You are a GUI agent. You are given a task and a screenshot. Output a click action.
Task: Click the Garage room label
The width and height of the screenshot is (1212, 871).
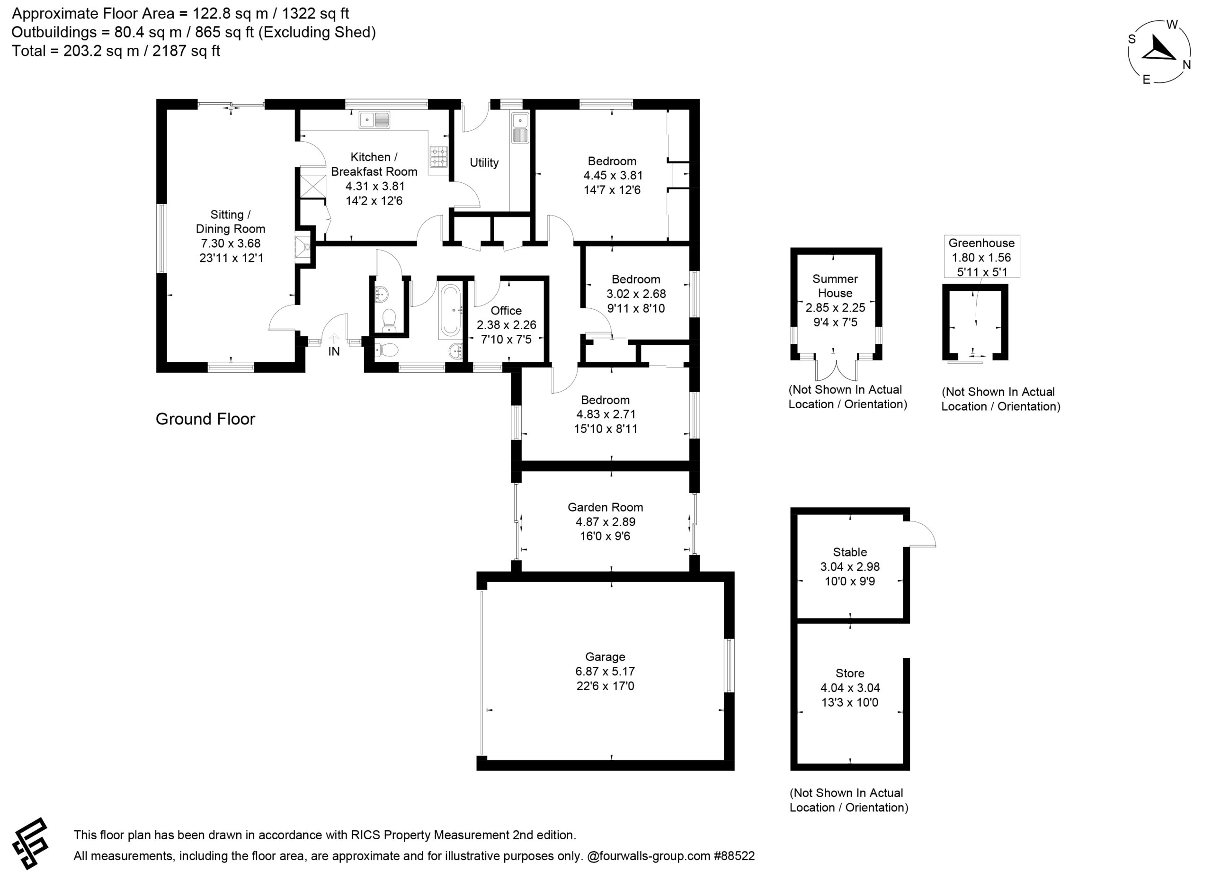coord(605,656)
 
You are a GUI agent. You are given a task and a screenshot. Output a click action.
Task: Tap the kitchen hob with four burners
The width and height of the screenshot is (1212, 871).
coord(439,157)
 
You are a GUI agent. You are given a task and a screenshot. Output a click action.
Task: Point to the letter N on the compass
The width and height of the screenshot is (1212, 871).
coord(1187,65)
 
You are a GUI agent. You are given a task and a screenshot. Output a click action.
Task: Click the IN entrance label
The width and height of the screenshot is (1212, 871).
coord(334,351)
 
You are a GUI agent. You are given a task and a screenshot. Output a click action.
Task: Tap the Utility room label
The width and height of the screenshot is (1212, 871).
coord(484,162)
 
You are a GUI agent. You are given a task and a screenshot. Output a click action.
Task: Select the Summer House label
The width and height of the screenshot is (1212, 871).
coord(835,286)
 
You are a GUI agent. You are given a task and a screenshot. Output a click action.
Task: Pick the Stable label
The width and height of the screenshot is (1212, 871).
coord(850,552)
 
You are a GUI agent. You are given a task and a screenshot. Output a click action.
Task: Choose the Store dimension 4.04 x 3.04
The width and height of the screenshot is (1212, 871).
coord(850,688)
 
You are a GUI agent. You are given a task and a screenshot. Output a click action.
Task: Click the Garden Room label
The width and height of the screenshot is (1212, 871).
coord(605,507)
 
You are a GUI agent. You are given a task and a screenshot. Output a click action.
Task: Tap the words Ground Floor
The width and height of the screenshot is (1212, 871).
coord(205,419)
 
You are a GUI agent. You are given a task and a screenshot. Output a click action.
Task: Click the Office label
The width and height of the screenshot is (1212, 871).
coord(506,311)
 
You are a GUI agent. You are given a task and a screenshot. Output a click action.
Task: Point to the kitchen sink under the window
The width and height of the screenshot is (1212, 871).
coord(374,120)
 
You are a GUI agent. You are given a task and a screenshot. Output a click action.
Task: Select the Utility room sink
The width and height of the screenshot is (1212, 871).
coord(520,127)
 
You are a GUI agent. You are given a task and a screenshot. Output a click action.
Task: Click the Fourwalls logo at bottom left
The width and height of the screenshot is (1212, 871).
coord(30,844)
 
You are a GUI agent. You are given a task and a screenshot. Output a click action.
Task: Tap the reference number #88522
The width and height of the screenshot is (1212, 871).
coord(734,855)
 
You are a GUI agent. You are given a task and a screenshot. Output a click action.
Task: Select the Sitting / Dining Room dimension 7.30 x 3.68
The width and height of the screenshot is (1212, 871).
coord(230,243)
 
